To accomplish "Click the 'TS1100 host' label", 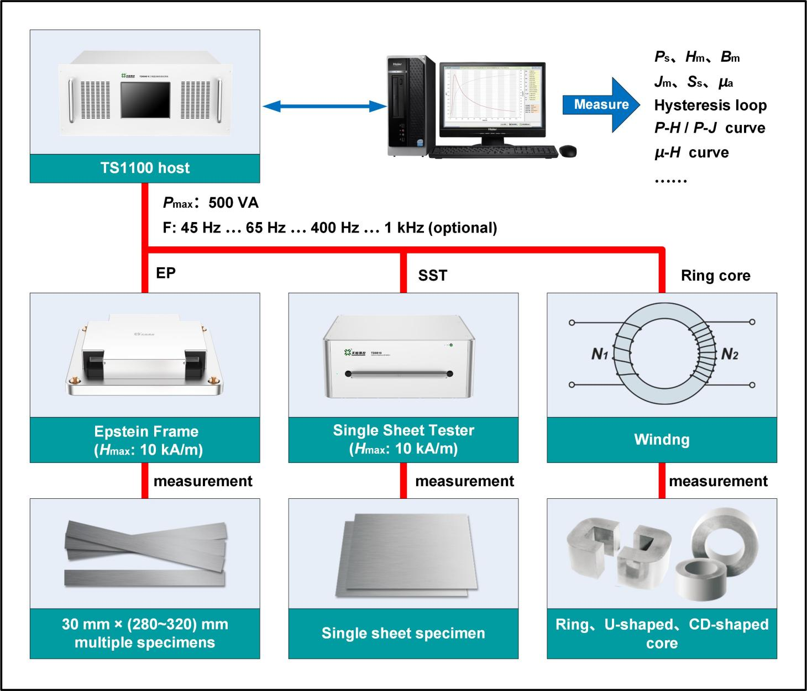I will point(145,168).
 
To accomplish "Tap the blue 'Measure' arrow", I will point(601,105).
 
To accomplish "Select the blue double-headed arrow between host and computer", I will point(324,106).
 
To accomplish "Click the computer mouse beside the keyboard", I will point(568,151).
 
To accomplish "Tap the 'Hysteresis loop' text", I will point(710,106).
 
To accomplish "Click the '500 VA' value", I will point(233,203).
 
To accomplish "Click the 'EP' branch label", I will point(166,273).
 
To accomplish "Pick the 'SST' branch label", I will point(432,275).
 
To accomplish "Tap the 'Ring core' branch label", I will point(715,276).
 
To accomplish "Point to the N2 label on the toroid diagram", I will point(729,354).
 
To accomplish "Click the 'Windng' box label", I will point(662,440).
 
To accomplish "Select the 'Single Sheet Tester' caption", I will point(403,431).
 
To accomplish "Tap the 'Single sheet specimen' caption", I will point(403,633).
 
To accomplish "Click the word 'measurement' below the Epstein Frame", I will point(203,481).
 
